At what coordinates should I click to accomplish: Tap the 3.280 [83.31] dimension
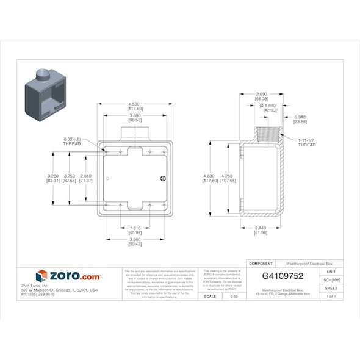52,178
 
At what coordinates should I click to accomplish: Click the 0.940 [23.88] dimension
300,119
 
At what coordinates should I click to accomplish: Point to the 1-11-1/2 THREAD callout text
307,143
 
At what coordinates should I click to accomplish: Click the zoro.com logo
68,276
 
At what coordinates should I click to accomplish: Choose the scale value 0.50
234,297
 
